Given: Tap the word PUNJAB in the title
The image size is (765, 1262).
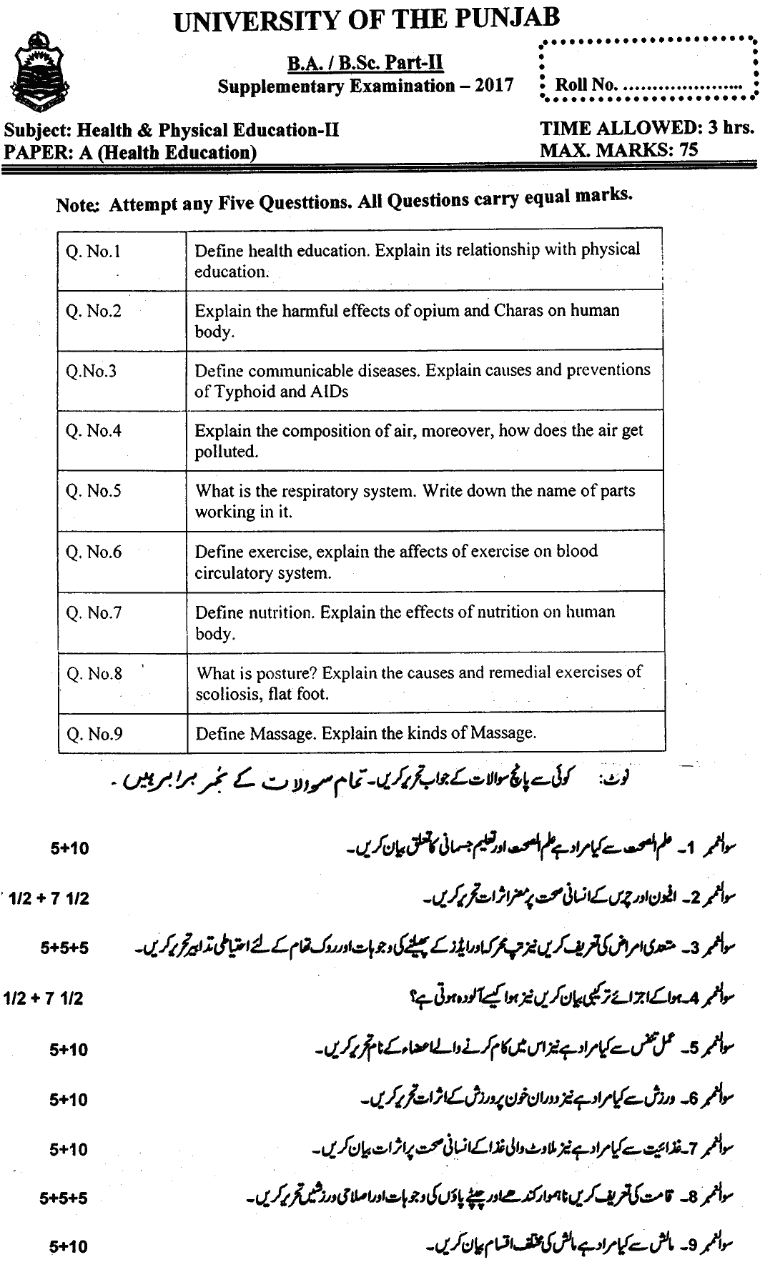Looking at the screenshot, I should (510, 19).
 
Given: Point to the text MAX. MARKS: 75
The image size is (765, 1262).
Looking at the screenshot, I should (618, 149).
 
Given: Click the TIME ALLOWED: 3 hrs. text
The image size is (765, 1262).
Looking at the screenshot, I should (647, 128).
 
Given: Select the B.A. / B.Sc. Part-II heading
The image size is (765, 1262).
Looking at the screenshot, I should (365, 64).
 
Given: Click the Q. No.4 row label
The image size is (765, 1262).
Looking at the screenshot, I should (93, 432).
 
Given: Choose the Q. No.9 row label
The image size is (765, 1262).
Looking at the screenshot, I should (94, 733).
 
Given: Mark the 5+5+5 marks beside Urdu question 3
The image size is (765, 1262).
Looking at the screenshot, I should (64, 948).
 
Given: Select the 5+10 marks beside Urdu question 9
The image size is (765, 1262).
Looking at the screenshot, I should (69, 1246).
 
